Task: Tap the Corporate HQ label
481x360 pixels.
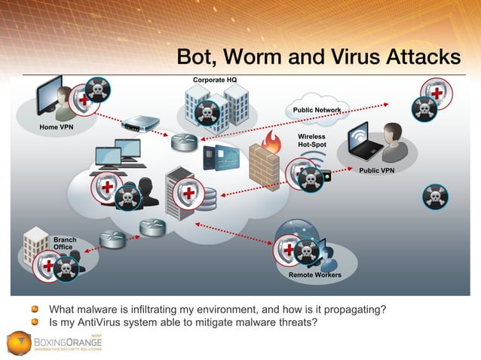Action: click(x=216, y=79)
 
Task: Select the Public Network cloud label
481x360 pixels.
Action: click(x=317, y=111)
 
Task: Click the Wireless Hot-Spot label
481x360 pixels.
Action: click(x=311, y=140)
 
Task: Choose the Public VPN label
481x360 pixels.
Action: click(x=376, y=170)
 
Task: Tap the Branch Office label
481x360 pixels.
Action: click(x=64, y=243)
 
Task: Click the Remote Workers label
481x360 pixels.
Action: click(x=314, y=275)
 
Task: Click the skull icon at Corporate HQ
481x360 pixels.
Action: click(x=206, y=114)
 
